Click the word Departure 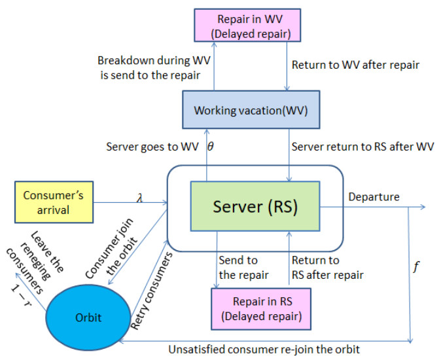tap(374, 196)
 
